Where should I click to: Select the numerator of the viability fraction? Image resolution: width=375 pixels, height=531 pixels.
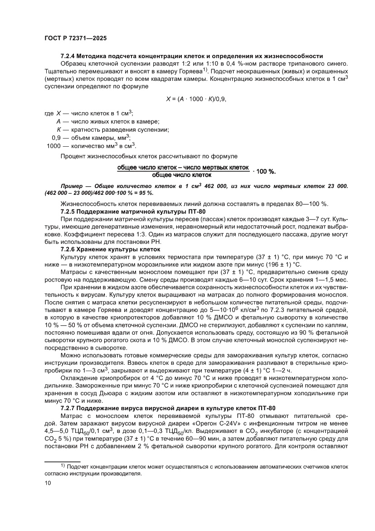click(183, 168)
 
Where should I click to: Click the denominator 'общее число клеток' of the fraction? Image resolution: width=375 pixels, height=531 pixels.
click(182, 174)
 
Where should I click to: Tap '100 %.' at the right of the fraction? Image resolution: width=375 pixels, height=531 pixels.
click(267, 171)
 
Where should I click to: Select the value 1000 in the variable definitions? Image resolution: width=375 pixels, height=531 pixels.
click(54, 145)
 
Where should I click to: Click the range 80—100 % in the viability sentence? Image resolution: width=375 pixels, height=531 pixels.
click(314, 203)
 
